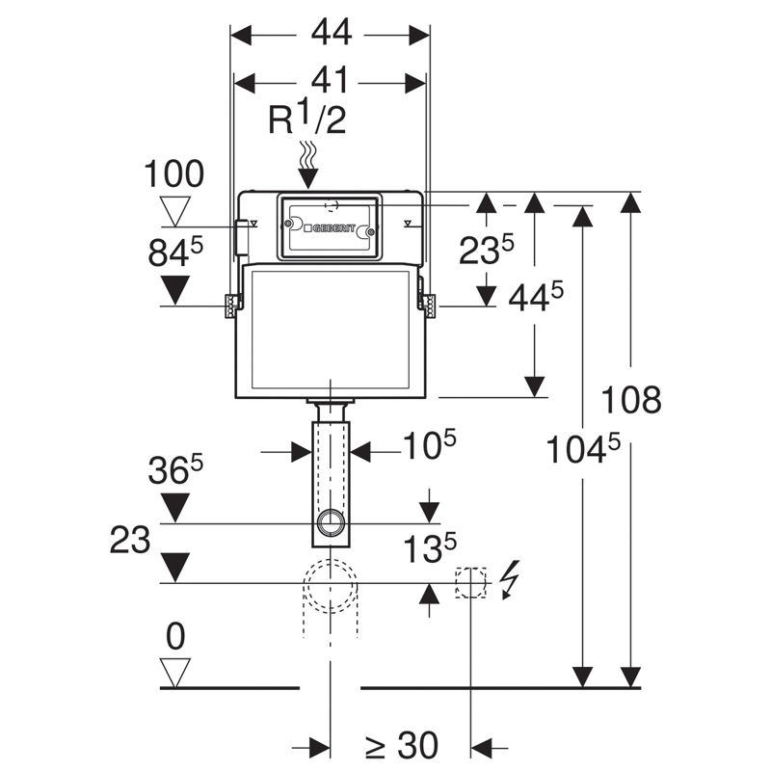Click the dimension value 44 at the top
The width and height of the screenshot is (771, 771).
coord(330,32)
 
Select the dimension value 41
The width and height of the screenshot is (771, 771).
coord(330,82)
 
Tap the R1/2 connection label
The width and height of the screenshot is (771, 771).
coord(306,120)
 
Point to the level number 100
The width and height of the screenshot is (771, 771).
coord(173,174)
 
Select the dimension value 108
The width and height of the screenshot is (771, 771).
coord(631,398)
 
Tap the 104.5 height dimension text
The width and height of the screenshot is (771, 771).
coord(582,449)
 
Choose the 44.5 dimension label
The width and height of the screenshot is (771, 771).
coord(535,300)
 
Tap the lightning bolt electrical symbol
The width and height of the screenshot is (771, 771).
coord(510,579)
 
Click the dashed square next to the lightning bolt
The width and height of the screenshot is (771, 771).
coord(469,582)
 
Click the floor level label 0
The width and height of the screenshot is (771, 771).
coord(174,636)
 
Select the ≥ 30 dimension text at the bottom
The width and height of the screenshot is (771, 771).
coord(402,744)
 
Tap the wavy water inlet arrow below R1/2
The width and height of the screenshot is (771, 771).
coord(307,159)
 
